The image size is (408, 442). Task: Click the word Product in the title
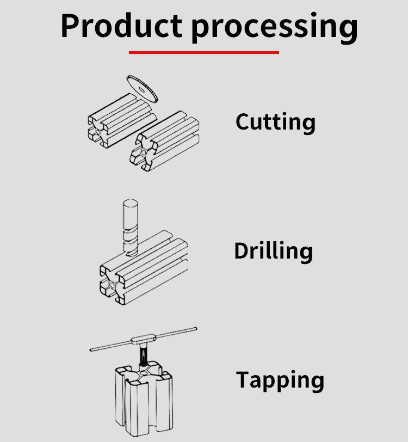pos(121,26)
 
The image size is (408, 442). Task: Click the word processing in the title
pos(274,28)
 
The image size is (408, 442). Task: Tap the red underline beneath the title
pos(203,52)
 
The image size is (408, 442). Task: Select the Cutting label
pos(275,122)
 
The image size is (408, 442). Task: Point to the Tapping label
pos(280,380)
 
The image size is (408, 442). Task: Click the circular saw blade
pos(143,89)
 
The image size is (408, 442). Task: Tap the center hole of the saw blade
pos(141,90)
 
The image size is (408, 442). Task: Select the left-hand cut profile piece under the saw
pos(122,120)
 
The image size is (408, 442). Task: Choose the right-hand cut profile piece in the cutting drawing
pos(164,140)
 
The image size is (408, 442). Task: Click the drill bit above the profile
pos(131,228)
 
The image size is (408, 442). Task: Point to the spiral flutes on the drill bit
pos(131,242)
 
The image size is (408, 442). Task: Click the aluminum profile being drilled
pos(144,267)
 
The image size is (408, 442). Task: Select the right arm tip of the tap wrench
pos(195,329)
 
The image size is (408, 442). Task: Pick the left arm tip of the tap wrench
pos(92,350)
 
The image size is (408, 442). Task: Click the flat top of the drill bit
pos(131,202)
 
